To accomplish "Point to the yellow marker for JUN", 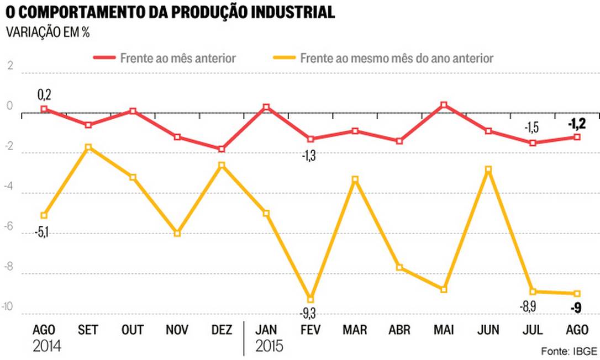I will coord(488,170).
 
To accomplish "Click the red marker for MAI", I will coord(444,104).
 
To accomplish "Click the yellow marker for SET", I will coord(88,147).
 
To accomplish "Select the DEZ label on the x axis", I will coord(222,330).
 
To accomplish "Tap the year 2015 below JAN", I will coord(269,347).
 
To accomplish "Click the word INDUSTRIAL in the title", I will coord(287,12).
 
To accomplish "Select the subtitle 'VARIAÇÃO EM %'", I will coord(48,32).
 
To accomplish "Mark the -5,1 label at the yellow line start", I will coord(43,232).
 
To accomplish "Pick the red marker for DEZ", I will coord(222,149).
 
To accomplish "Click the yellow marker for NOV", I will coord(177,234).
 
